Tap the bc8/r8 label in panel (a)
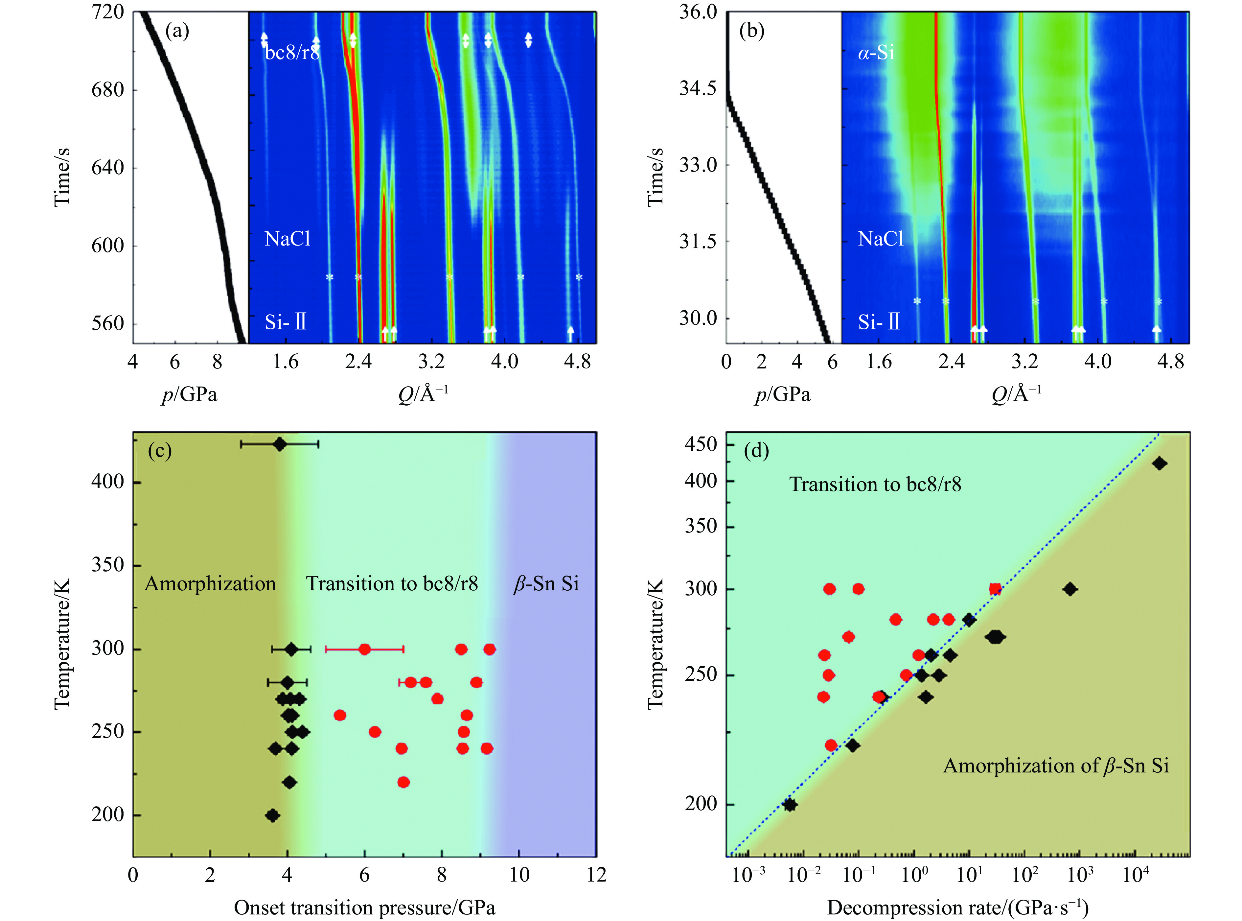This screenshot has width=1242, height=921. click(x=292, y=52)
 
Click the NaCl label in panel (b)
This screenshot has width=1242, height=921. click(x=880, y=239)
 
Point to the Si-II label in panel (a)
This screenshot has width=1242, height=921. click(x=285, y=322)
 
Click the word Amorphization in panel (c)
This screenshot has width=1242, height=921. click(x=210, y=584)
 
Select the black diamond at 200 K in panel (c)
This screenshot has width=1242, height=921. click(x=272, y=815)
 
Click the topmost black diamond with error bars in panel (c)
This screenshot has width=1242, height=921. click(x=280, y=444)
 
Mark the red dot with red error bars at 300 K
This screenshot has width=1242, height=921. click(x=364, y=649)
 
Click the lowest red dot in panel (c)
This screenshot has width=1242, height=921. click(x=403, y=782)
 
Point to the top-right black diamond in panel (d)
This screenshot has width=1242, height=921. click(x=1160, y=463)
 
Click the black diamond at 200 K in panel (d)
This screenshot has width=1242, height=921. click(x=790, y=805)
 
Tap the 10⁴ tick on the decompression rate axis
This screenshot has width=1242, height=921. click(x=1135, y=875)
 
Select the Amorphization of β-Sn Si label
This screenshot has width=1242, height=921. click(x=1056, y=766)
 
